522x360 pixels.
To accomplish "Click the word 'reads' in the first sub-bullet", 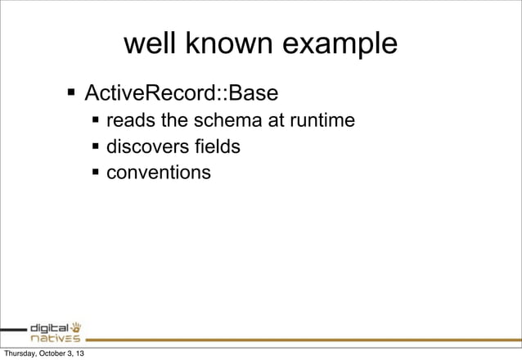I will (x=132, y=122).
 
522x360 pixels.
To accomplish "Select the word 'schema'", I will (x=223, y=122).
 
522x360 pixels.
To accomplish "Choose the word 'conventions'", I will (x=158, y=173).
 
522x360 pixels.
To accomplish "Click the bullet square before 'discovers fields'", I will (x=96, y=148).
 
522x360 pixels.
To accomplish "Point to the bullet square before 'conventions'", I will (x=96, y=173).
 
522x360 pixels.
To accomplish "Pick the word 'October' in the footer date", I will (x=56, y=353).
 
